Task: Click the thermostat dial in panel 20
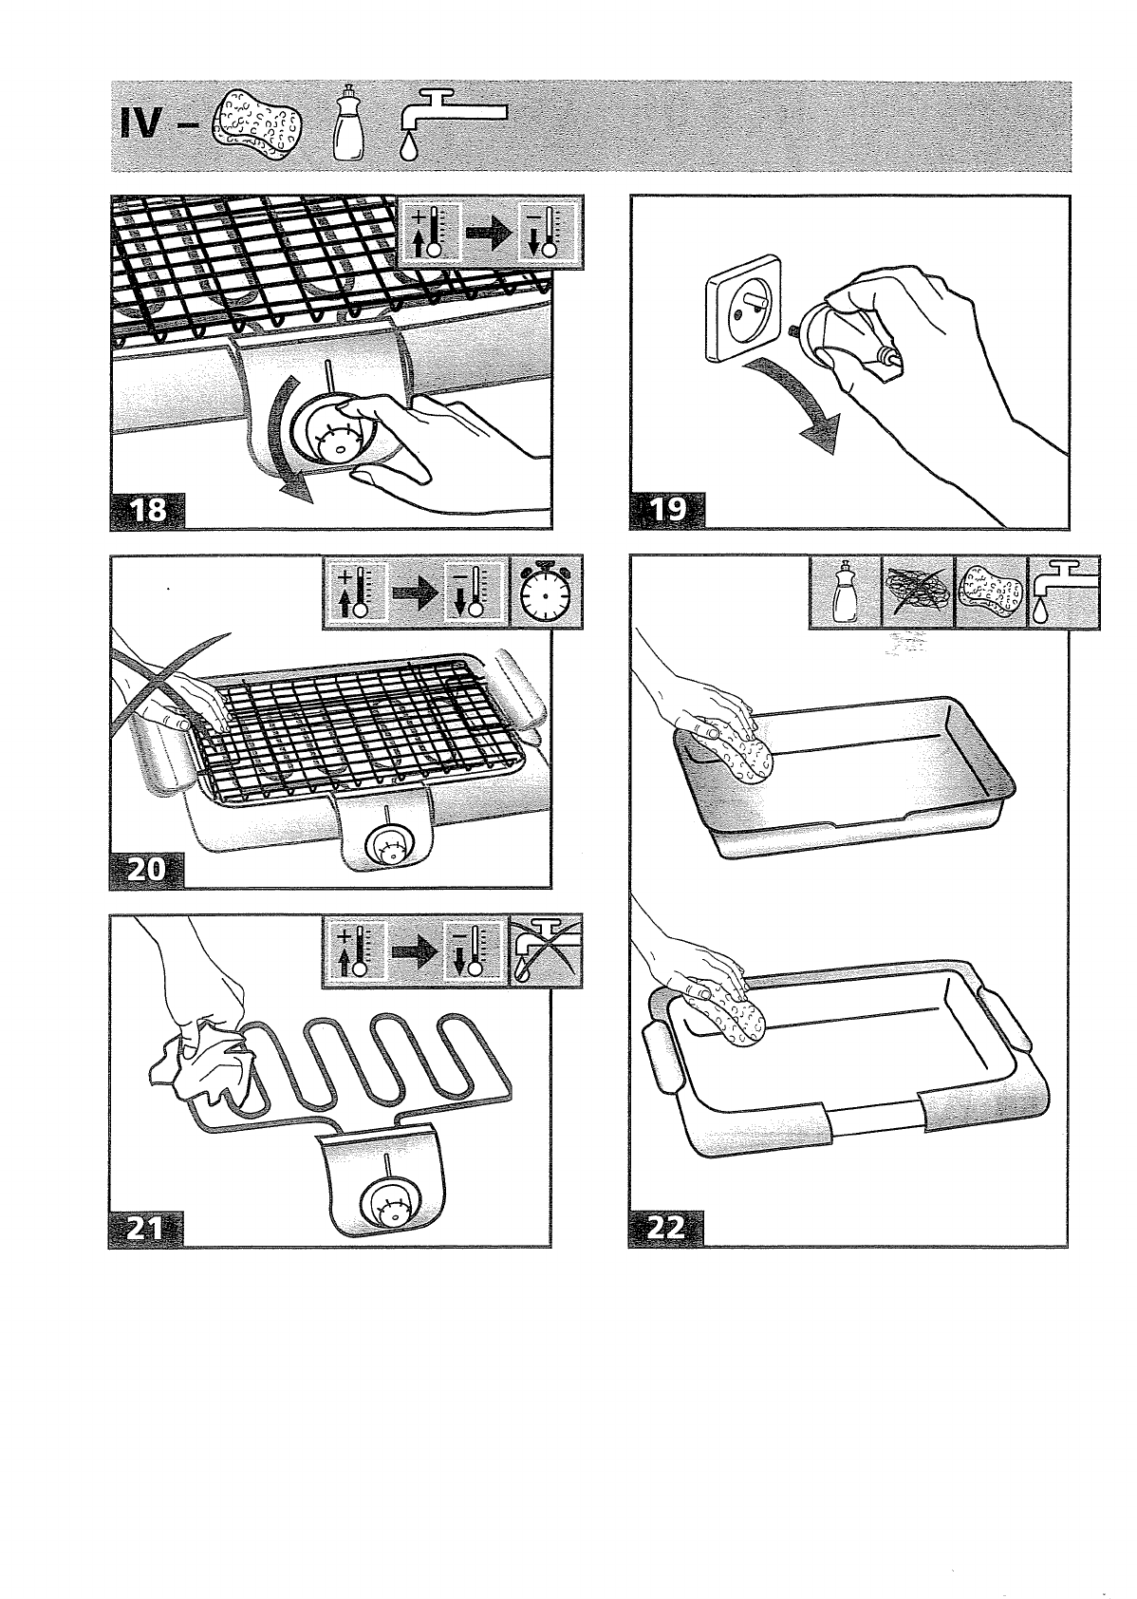coord(388,842)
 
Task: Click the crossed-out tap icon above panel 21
coord(547,952)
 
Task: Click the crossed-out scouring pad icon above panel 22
coord(918,593)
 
